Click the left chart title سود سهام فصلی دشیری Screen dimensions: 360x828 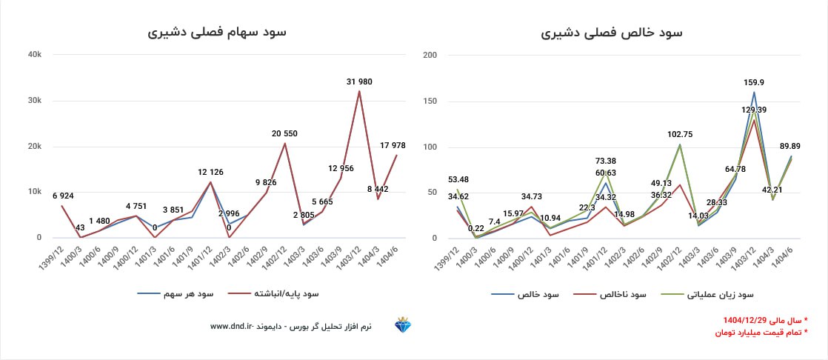216,33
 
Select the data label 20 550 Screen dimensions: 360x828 285,133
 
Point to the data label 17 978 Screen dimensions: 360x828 396,145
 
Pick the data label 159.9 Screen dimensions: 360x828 754,82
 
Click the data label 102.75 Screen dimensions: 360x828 680,134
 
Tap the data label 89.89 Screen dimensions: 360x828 792,146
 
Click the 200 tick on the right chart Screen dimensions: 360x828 430,54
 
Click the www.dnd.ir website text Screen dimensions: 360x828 233,326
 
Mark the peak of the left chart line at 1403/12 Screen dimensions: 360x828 359,91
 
